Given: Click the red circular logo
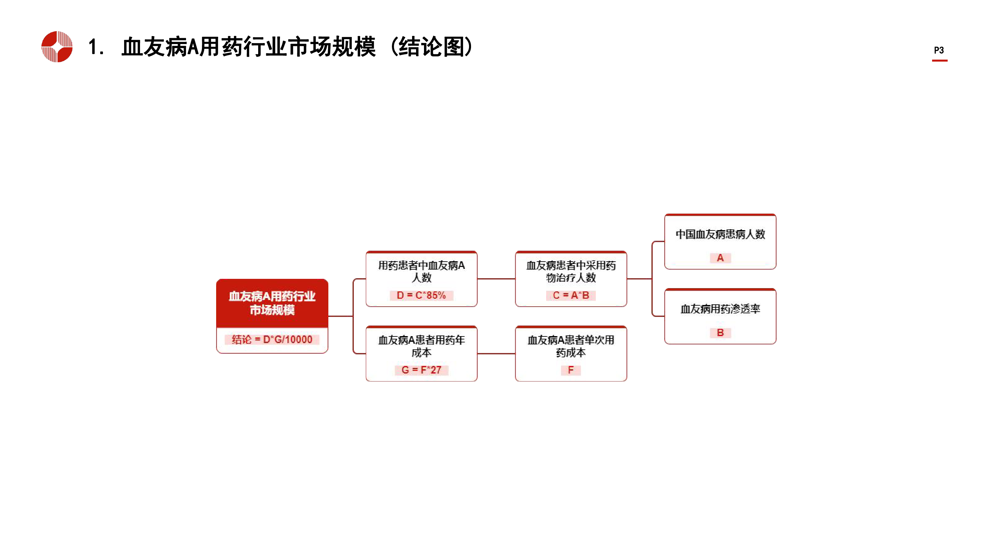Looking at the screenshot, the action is point(57,47).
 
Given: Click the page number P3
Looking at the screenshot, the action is point(939,50).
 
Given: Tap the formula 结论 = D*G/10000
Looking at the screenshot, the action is point(272,339).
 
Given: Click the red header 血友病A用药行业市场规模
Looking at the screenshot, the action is point(272,303).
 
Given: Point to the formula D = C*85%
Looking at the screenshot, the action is point(421,295).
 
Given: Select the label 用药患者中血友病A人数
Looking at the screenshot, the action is point(421,271).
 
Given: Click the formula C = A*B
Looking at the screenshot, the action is point(571,295).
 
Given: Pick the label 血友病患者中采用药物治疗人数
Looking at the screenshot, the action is point(571,271).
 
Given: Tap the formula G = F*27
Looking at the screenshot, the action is point(421,370).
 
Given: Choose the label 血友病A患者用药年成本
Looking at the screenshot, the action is point(421,346).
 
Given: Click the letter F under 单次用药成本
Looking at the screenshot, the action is point(571,370).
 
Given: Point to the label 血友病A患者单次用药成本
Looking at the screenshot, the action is point(571,346).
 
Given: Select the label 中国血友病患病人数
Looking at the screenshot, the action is point(720,234).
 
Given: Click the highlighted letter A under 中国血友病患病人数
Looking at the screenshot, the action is point(720,258).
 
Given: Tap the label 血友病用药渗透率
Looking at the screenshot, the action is point(720,309).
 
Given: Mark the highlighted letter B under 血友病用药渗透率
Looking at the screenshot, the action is point(720,332).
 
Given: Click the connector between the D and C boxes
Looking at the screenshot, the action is point(496,279).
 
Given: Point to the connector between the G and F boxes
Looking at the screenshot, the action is point(496,353).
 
